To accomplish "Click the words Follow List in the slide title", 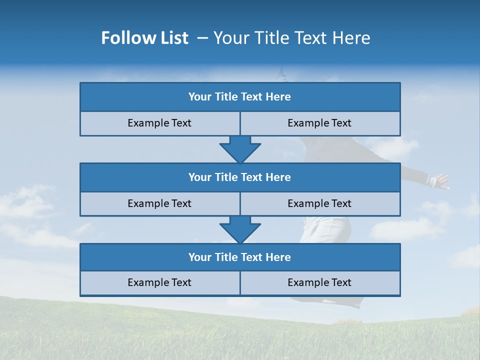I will tap(144, 38).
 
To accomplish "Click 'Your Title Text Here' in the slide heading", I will tap(291, 38).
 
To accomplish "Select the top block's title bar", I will tap(240, 97).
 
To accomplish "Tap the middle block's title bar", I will tap(240, 177).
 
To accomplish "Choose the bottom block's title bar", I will tap(240, 257).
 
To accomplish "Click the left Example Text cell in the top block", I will tap(159, 123).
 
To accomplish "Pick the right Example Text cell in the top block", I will tap(319, 123).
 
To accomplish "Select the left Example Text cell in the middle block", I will tap(159, 203).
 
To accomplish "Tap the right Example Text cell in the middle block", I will tap(319, 203).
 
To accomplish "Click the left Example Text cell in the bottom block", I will tap(159, 282).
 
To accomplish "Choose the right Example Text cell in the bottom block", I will tap(319, 282).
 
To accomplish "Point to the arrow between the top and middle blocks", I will tap(240, 149).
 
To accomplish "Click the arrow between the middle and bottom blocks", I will tap(240, 229).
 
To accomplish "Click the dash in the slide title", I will tap(203, 38).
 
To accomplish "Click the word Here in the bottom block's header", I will tap(278, 257).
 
